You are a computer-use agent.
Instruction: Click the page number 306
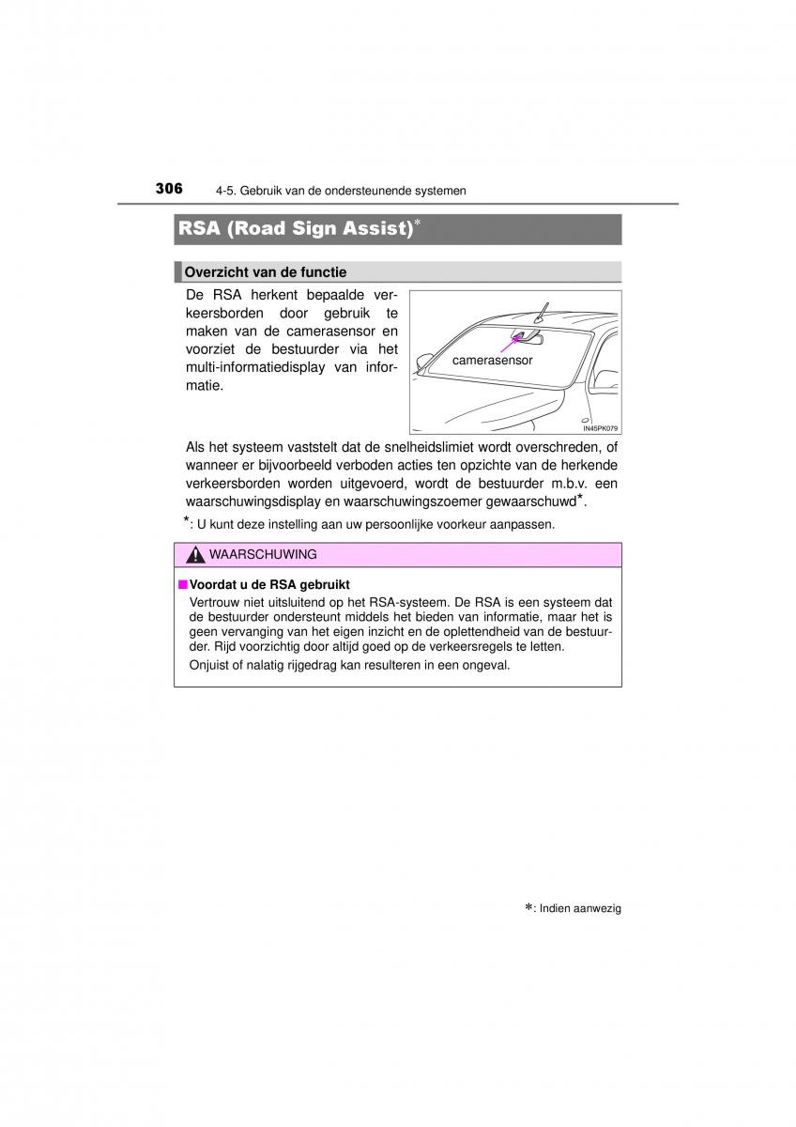pyautogui.click(x=169, y=188)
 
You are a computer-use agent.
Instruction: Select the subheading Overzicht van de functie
pyautogui.click(x=266, y=272)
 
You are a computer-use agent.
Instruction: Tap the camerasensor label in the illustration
pyautogui.click(x=492, y=360)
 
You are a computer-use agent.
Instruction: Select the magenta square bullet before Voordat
pyautogui.click(x=182, y=584)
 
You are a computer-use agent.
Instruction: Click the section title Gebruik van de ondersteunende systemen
pyautogui.click(x=353, y=191)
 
